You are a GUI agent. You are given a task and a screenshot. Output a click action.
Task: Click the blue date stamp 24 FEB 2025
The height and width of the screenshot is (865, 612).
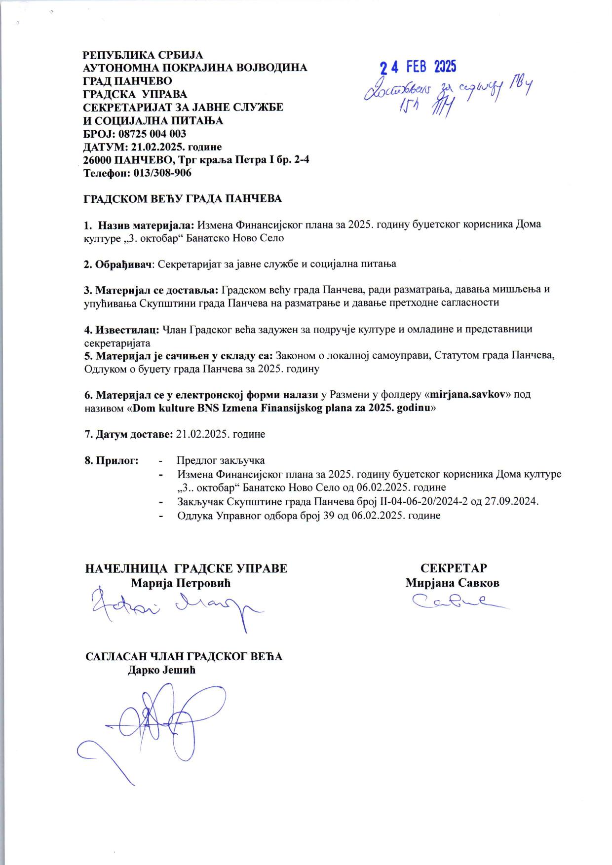point(418,67)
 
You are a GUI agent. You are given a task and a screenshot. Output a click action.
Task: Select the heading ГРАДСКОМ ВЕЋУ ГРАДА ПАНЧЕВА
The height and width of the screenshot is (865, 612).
point(182,199)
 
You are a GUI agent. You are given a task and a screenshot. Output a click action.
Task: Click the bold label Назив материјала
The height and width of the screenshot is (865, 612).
point(147,225)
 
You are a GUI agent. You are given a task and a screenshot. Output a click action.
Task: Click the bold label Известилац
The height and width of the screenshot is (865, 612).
point(126,329)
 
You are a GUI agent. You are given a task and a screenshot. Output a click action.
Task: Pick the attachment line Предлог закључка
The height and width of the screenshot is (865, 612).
point(221,460)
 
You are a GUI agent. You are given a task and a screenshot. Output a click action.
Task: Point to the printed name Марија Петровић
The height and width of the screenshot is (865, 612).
point(181,583)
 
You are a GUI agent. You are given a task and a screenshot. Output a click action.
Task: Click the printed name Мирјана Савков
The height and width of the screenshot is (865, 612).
point(452,583)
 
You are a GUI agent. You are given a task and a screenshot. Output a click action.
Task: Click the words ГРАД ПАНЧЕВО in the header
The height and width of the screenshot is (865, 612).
point(127,80)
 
